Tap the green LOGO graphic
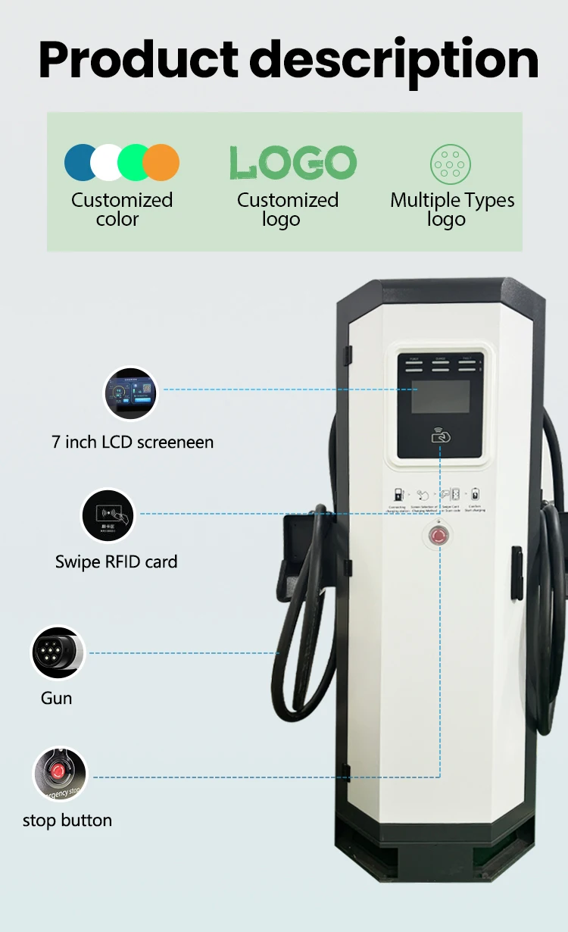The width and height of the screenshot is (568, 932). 292,162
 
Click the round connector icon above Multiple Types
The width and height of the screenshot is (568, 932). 451,164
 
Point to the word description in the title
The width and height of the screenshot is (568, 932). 394,61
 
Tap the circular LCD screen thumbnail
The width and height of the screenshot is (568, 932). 130,394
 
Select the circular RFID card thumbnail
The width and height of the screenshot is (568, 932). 108,516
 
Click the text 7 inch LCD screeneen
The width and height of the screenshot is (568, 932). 133,442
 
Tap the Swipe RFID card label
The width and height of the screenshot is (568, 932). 116,562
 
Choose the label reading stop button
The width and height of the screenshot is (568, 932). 67,821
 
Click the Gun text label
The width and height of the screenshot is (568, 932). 57,698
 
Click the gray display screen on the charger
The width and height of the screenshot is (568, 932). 440,396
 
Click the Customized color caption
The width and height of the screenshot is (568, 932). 122,210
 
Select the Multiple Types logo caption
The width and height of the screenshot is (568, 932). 452,210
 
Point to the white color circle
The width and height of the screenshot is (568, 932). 108,162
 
